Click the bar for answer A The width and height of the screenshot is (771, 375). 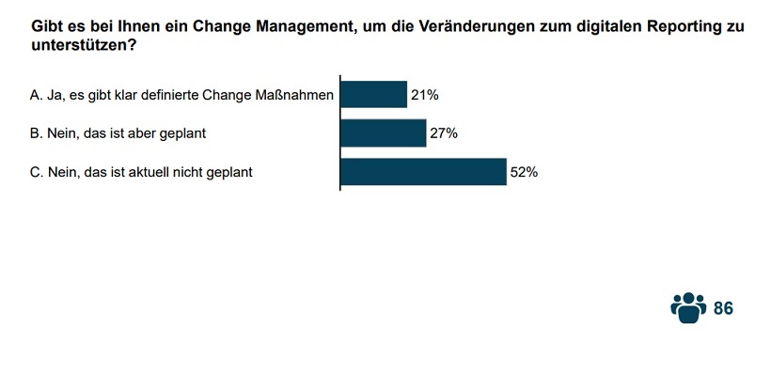pyautogui.click(x=373, y=94)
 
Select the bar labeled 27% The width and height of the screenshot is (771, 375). pyautogui.click(x=383, y=133)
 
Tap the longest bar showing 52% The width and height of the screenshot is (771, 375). pyautogui.click(x=423, y=172)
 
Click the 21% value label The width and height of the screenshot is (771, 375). pyautogui.click(x=425, y=94)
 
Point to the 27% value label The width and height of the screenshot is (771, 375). pyautogui.click(x=444, y=133)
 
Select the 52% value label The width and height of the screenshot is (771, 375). pyautogui.click(x=524, y=172)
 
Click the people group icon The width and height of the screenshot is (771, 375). pyautogui.click(x=688, y=307)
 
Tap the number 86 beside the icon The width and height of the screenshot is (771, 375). pyautogui.click(x=723, y=308)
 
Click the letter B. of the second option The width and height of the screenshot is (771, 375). pyautogui.click(x=37, y=133)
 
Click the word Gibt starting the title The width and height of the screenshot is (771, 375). pyautogui.click(x=49, y=27)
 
